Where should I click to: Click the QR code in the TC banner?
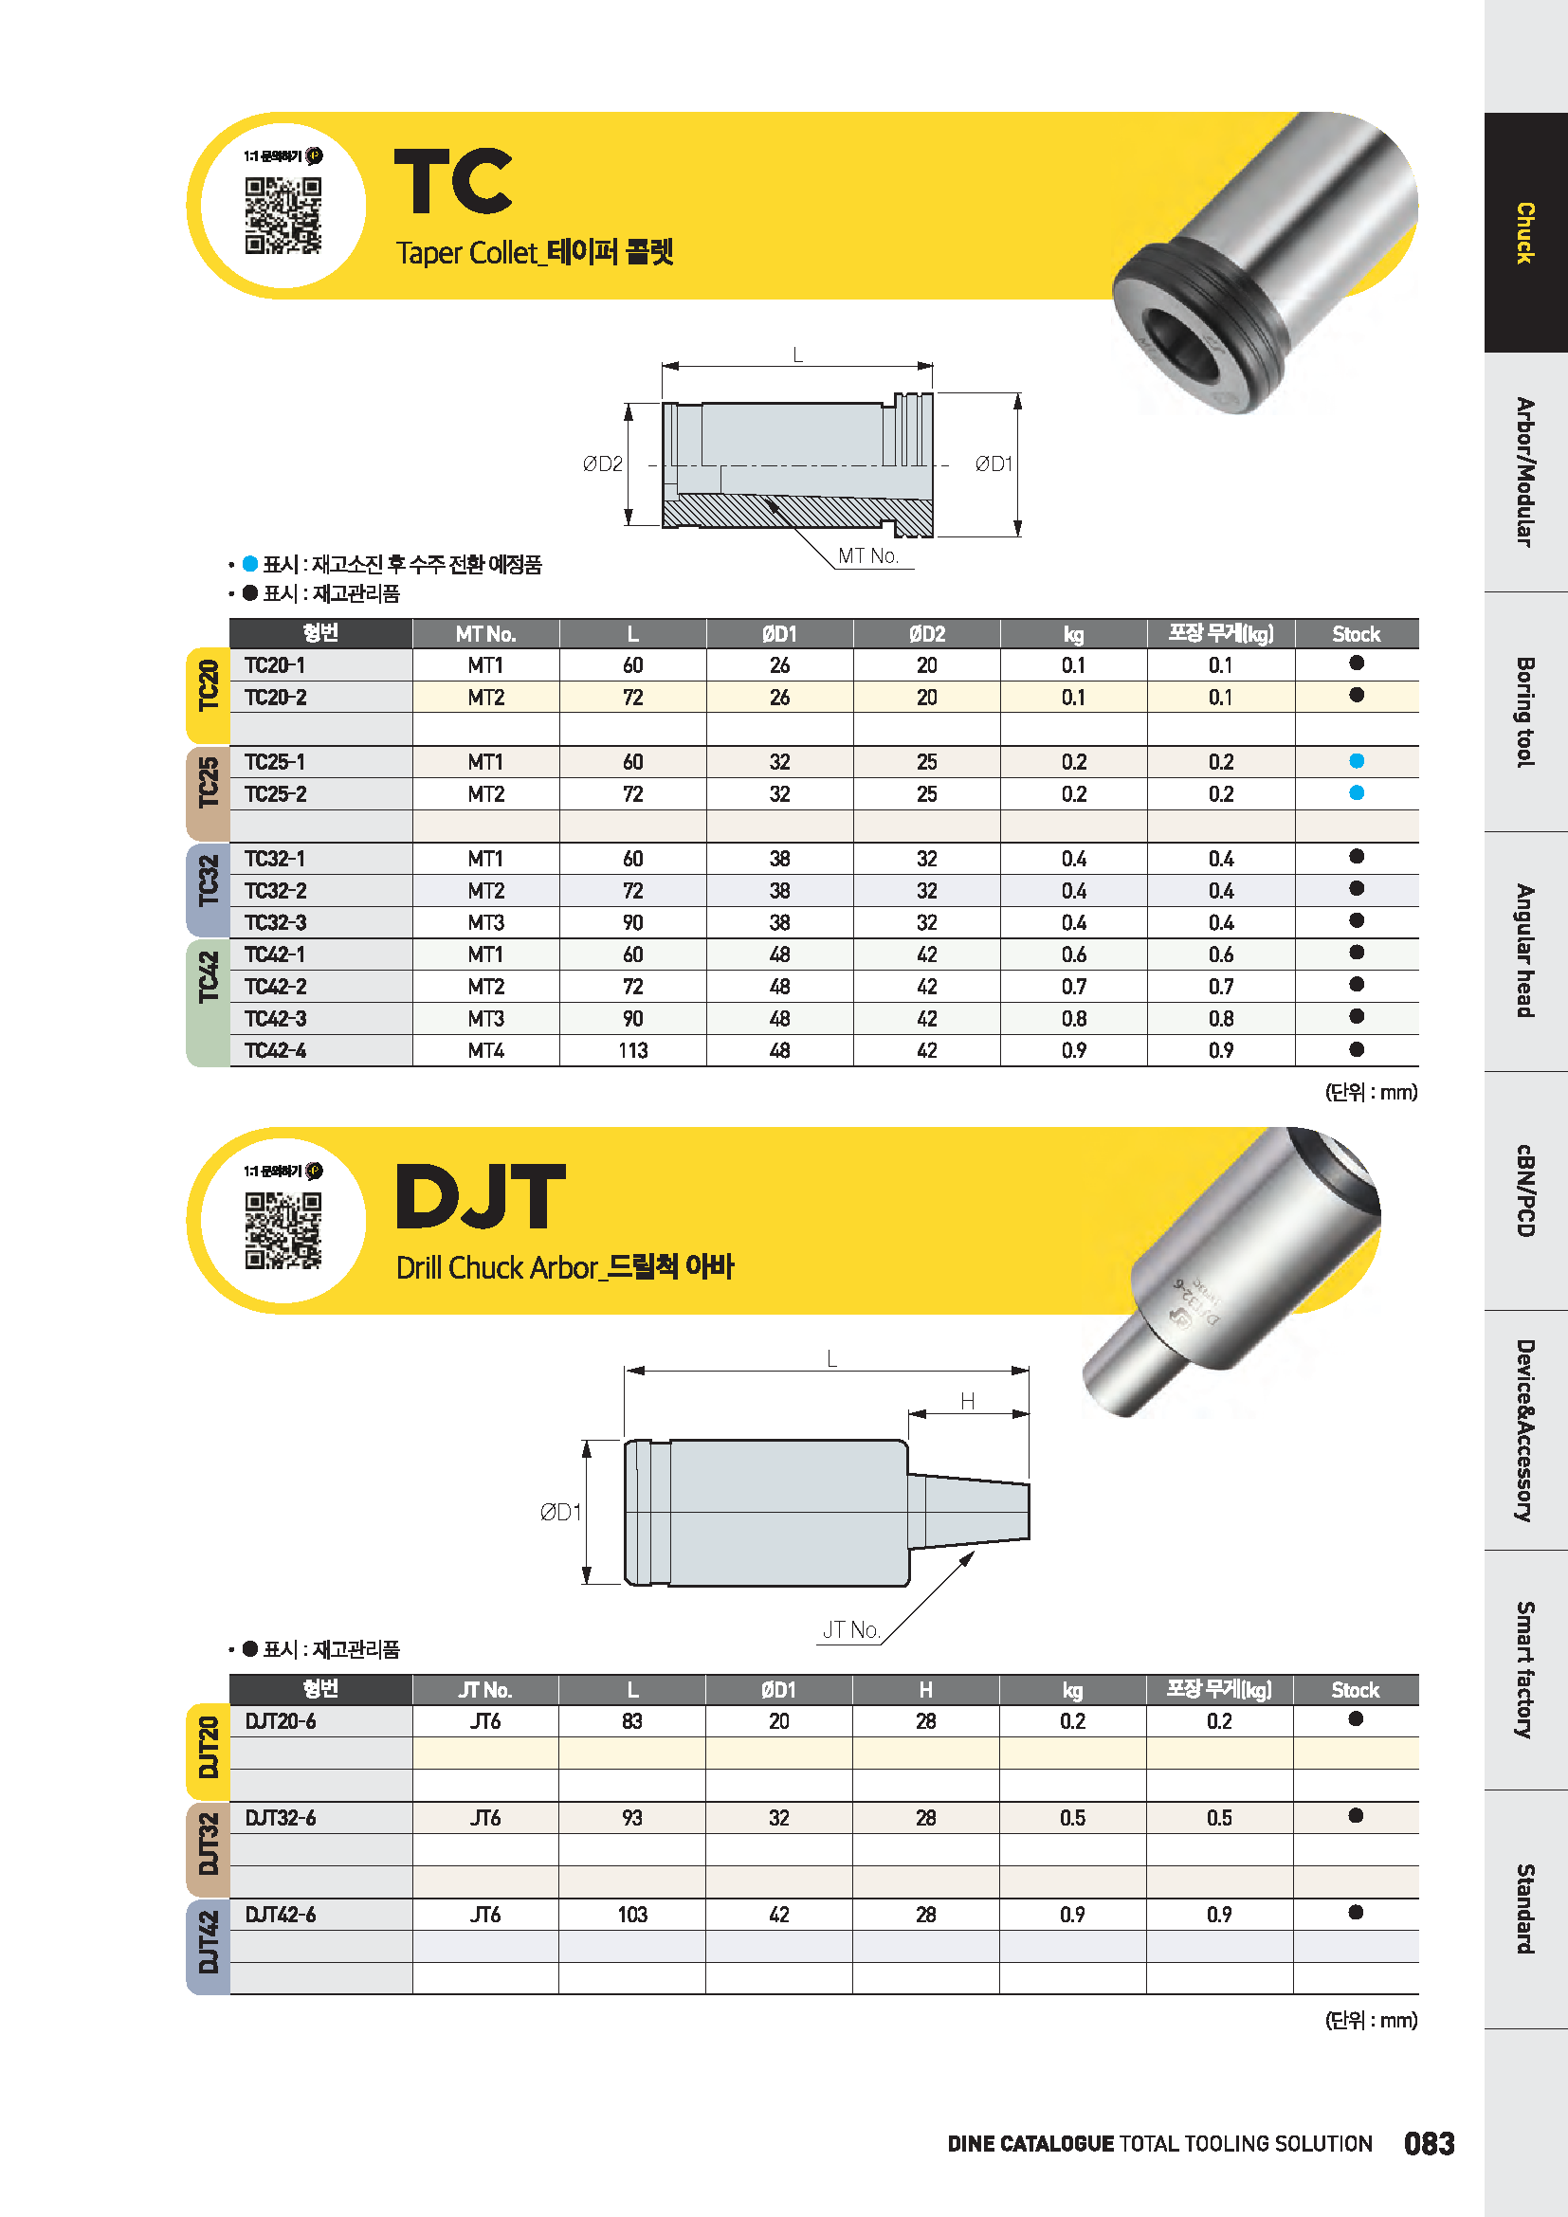pyautogui.click(x=283, y=215)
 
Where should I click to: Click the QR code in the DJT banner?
pyautogui.click(x=283, y=1230)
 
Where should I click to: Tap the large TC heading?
pyautogui.click(x=453, y=182)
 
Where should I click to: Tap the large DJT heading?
pyautogui.click(x=480, y=1196)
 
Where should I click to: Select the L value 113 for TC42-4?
pyautogui.click(x=632, y=1050)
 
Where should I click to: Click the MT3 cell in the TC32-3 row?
pyautogui.click(x=485, y=922)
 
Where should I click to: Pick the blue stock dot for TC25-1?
pyautogui.click(x=1357, y=761)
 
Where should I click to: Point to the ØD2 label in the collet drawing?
pyautogui.click(x=603, y=464)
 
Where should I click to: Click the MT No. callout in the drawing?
pyautogui.click(x=868, y=556)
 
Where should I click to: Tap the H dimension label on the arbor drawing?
pyautogui.click(x=968, y=1401)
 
